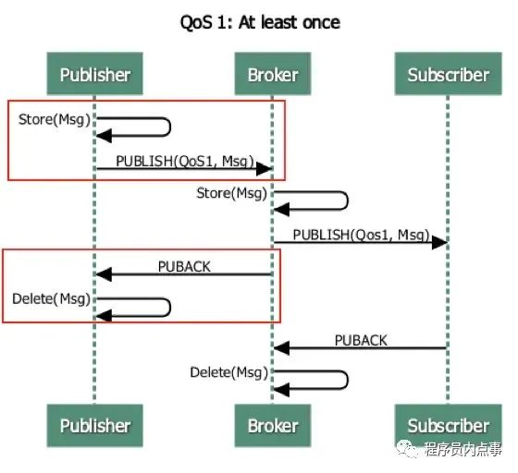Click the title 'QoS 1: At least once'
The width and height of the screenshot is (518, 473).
(x=259, y=21)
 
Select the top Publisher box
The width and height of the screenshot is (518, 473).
(x=94, y=74)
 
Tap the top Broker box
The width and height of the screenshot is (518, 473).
(x=272, y=74)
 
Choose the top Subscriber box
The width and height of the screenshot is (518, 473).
(x=448, y=74)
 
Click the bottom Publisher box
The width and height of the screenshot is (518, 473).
(x=94, y=426)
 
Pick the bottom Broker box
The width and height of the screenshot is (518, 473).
(x=272, y=426)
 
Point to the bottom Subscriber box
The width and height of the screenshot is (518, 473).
(x=448, y=426)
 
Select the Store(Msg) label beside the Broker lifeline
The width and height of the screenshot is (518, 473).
(x=231, y=193)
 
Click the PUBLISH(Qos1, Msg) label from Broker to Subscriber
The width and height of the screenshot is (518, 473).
(x=361, y=235)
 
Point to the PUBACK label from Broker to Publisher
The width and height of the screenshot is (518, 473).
(x=184, y=266)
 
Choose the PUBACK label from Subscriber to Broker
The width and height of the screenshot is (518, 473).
(x=361, y=340)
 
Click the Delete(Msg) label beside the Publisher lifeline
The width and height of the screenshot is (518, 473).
(x=51, y=299)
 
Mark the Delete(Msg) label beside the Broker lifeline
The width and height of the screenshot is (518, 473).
(x=228, y=372)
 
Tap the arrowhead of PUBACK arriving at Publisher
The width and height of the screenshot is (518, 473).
(x=104, y=274)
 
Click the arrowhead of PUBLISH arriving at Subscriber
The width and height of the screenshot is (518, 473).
(x=440, y=242)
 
